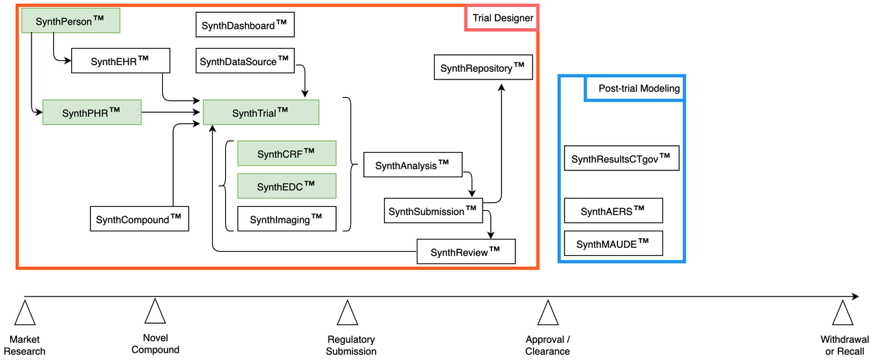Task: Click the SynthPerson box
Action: (70, 21)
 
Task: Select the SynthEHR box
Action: (120, 61)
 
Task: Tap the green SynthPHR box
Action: (91, 112)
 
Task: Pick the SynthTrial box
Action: (261, 112)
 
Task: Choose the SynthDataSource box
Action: (244, 61)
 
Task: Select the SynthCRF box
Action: (287, 153)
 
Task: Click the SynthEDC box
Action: (287, 186)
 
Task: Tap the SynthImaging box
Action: (287, 219)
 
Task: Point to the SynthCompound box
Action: (139, 218)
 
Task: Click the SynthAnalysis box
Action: (413, 165)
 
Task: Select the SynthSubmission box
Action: (433, 211)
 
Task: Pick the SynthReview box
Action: (465, 252)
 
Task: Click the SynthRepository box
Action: (482, 68)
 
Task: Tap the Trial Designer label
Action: (502, 18)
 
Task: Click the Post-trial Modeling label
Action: (634, 88)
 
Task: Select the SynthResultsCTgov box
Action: (621, 159)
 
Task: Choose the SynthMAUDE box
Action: (613, 244)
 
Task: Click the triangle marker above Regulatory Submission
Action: (348, 313)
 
